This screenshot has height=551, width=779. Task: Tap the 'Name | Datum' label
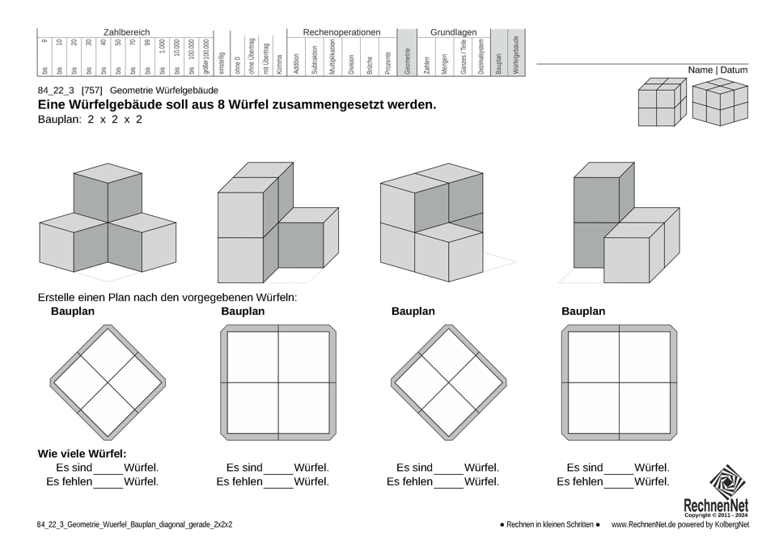[718, 70]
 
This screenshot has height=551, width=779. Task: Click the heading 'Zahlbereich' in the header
[126, 32]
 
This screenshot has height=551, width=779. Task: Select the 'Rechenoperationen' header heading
[341, 32]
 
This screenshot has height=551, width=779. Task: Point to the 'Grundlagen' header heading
[453, 32]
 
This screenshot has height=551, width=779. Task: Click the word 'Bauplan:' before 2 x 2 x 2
[60, 120]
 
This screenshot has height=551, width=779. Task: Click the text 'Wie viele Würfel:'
[82, 454]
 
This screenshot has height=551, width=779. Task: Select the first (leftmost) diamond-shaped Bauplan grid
[107, 381]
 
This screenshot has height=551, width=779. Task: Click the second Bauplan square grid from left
[277, 381]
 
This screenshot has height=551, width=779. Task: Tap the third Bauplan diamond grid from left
[448, 381]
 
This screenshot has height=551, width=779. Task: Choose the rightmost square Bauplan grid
[619, 381]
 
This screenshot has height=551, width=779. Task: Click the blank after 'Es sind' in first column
[108, 469]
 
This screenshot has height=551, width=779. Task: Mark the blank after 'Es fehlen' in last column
[619, 483]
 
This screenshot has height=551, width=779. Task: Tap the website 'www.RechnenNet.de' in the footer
[644, 525]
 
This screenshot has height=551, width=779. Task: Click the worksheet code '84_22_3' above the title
[55, 91]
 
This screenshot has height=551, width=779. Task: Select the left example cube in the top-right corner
[658, 103]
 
